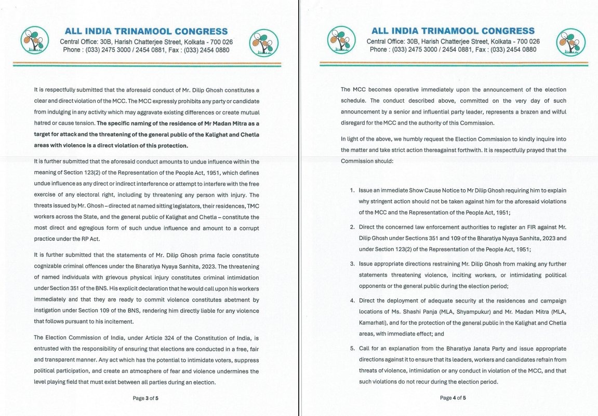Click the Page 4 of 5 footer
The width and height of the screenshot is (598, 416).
point(453,398)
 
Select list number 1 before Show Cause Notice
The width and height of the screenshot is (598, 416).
point(352,190)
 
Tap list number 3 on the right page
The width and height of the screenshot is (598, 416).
point(352,264)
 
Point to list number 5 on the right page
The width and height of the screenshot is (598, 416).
point(352,349)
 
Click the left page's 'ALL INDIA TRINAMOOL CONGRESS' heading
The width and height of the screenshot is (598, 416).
point(147,31)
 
